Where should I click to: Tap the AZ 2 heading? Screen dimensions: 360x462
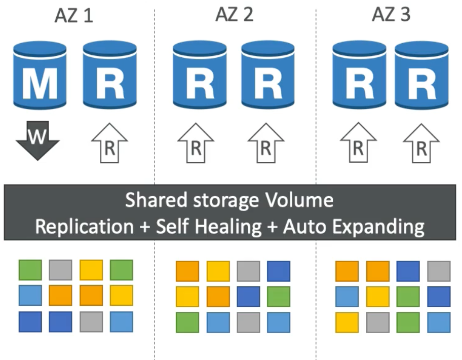click(234, 15)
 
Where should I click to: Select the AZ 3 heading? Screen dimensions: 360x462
click(391, 15)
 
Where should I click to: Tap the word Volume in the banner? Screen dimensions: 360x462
click(305, 200)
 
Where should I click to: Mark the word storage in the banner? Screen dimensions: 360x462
click(223, 200)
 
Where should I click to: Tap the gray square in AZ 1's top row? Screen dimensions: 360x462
click(61, 270)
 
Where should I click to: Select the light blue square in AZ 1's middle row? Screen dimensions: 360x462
click(30, 295)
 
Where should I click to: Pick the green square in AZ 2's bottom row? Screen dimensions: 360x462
click(187, 322)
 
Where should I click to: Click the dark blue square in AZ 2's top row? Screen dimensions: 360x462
click(279, 271)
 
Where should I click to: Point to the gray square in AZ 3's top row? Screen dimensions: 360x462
click(439, 271)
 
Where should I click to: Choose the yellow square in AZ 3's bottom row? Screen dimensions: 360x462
click(347, 322)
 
